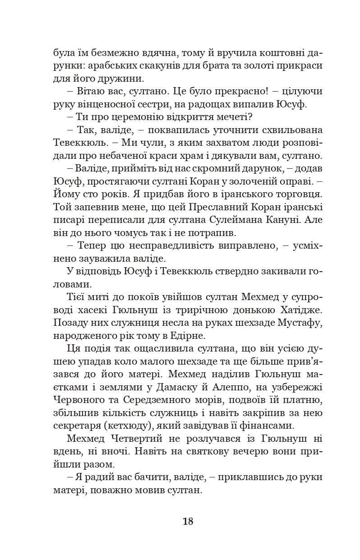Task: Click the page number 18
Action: tap(188, 521)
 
